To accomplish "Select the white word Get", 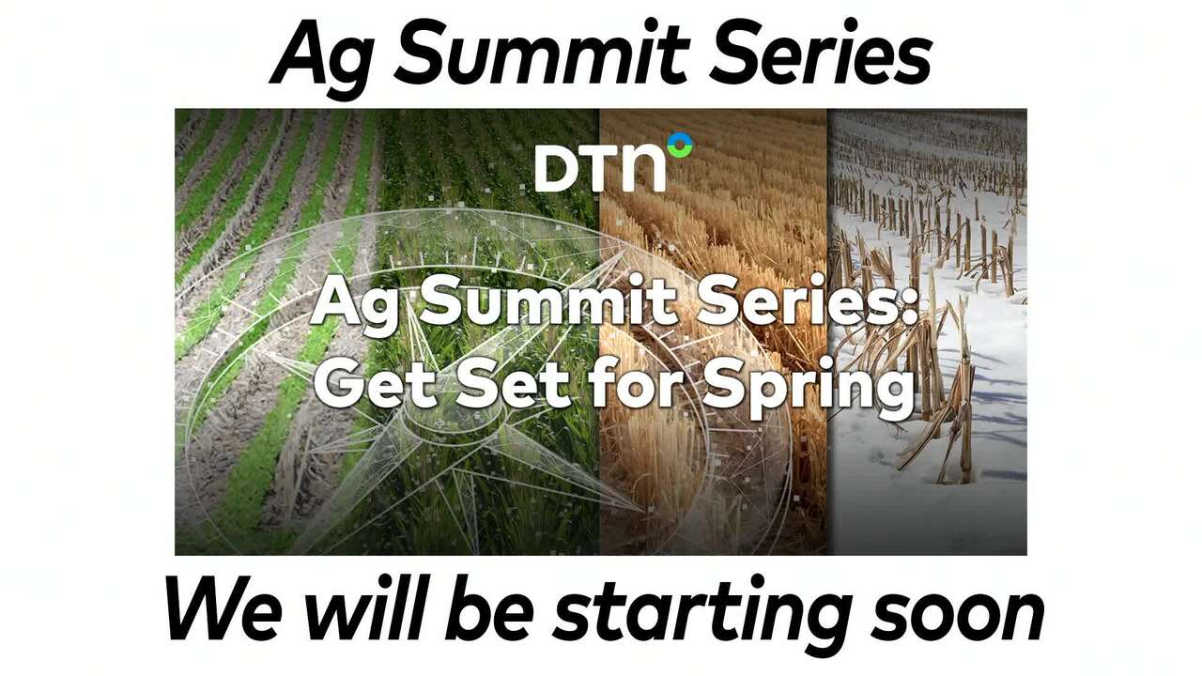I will [367, 382].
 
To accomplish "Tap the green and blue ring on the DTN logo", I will [679, 146].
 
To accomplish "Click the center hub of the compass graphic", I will [439, 424].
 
